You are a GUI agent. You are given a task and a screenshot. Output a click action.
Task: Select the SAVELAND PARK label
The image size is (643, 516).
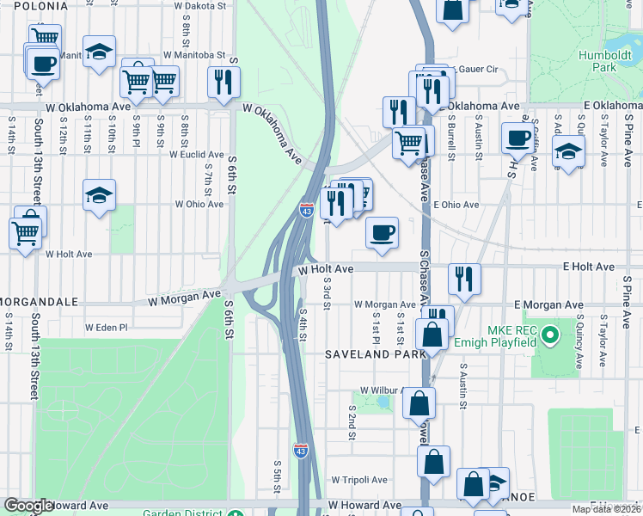(375, 354)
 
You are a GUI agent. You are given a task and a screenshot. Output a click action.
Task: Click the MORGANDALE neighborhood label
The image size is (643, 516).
(40, 303)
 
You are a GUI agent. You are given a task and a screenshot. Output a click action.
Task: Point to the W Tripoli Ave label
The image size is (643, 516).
(358, 480)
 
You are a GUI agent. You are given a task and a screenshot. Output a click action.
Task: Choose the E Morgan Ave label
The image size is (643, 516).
(548, 305)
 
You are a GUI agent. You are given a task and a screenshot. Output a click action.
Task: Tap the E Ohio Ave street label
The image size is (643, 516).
(456, 206)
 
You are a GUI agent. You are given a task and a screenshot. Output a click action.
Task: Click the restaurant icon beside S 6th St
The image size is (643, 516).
(224, 83)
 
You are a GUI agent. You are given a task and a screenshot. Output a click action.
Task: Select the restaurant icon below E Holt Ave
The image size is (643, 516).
(463, 278)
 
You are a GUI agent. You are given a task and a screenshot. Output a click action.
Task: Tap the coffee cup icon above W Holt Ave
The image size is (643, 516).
(382, 231)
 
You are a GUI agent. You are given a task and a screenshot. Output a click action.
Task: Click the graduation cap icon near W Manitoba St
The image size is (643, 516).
(99, 52)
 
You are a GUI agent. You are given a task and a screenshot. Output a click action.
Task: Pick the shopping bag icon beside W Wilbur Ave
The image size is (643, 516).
(419, 402)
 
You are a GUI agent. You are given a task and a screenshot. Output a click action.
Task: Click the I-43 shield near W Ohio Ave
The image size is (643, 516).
(307, 210)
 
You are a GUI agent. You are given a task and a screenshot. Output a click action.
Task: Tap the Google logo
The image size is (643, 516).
(28, 507)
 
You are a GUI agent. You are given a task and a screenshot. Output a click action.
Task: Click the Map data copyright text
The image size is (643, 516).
(605, 509)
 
